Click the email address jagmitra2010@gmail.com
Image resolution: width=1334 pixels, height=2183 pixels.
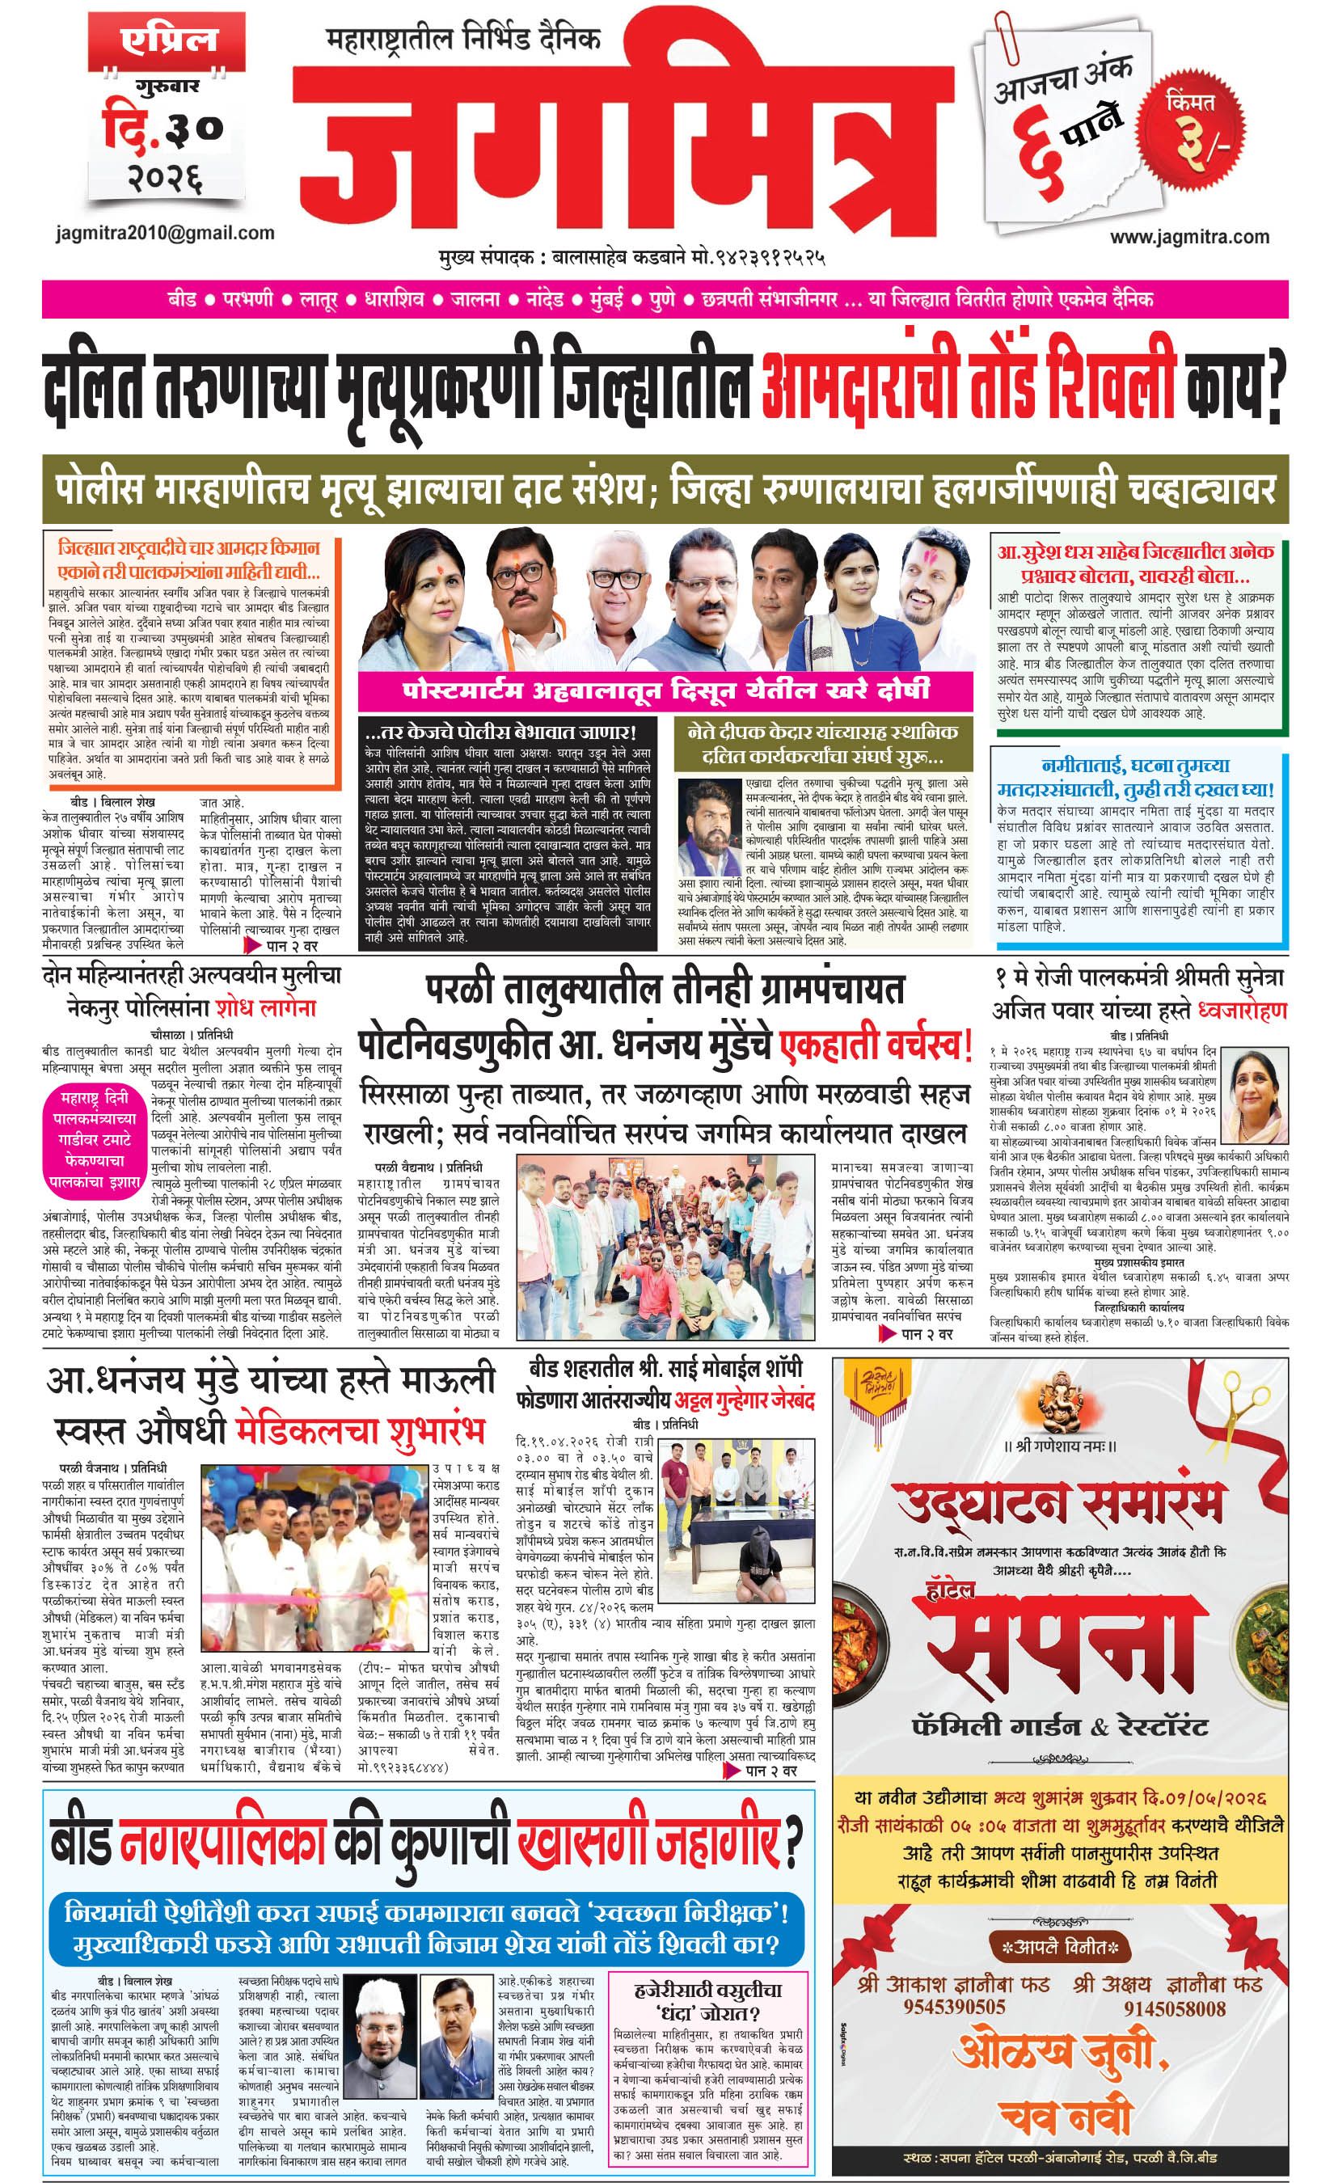coord(163,233)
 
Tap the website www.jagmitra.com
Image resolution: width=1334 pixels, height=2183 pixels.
coord(1188,237)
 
